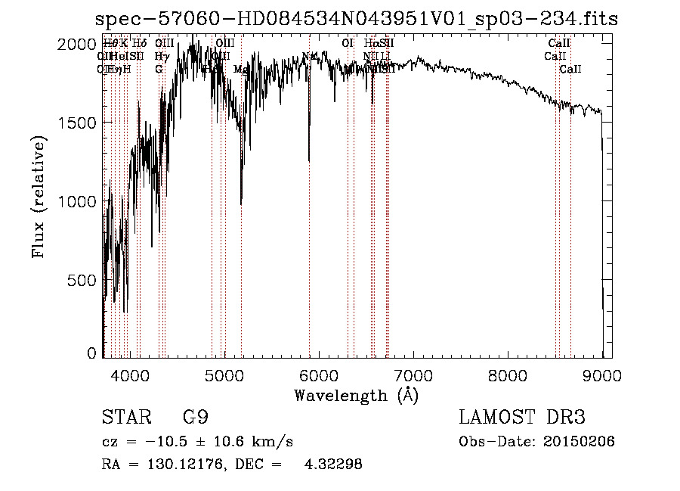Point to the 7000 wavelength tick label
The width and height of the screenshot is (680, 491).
[x=413, y=375]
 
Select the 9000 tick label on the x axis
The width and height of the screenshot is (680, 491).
[x=602, y=375]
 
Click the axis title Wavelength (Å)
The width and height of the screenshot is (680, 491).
[x=356, y=395]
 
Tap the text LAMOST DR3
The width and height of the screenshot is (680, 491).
[x=521, y=418]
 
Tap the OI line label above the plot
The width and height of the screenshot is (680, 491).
[x=348, y=44]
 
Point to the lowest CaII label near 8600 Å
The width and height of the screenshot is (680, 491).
[x=570, y=70]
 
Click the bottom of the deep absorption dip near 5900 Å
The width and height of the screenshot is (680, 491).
[x=308, y=160]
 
